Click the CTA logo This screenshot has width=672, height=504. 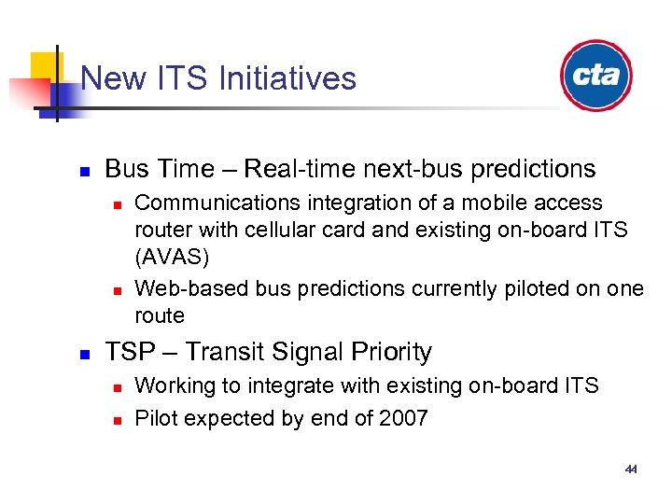595,76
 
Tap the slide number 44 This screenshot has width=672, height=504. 631,469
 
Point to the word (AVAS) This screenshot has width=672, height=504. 168,255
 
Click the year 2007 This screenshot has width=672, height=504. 401,418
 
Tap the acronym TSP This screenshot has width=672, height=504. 127,352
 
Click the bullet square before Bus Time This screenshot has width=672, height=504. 82,172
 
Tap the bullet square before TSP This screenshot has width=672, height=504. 82,355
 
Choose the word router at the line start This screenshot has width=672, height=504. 161,229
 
